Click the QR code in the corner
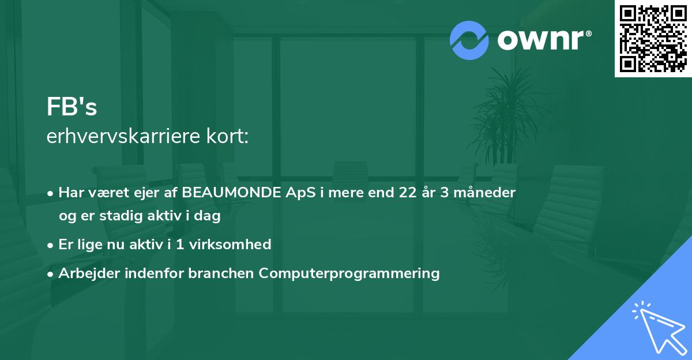coord(653,38)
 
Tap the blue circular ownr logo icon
coord(469,40)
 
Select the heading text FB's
coord(72,107)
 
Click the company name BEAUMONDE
coord(231,193)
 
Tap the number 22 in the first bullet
coord(408,193)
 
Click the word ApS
coord(300,193)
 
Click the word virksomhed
coord(230,245)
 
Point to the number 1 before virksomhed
coord(180,245)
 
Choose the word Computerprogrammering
coord(349,273)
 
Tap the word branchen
coord(221,273)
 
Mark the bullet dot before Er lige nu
coord(50,246)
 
